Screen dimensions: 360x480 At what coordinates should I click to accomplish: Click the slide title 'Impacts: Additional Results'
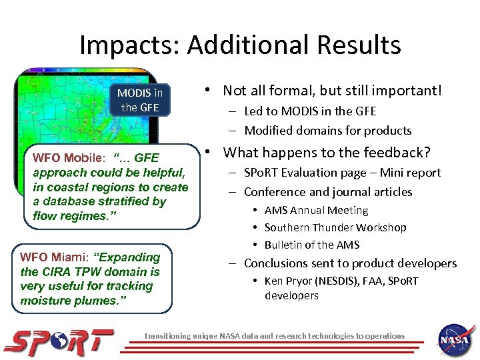[240, 45]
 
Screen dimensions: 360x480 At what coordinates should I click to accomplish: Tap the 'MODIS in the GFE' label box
[139, 99]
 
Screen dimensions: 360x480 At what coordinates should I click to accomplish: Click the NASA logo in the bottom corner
[455, 339]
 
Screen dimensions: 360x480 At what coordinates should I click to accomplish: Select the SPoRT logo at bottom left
[59, 340]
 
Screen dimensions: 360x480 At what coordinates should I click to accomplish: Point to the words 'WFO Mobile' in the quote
[68, 159]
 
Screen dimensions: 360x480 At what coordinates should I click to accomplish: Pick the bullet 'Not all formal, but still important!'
[332, 90]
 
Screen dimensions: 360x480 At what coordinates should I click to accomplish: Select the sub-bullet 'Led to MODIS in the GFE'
[310, 111]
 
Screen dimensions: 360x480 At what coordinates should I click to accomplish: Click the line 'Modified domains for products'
[327, 131]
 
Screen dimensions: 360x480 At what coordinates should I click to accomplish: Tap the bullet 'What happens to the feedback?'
[327, 152]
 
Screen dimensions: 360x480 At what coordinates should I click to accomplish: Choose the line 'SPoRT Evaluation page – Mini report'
[342, 173]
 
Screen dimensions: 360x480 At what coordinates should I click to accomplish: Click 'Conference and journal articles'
[328, 192]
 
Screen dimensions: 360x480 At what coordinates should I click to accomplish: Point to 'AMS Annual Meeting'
[316, 210]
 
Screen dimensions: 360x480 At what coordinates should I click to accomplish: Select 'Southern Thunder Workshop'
[335, 227]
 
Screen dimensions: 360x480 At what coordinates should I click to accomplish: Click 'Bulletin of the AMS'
[311, 245]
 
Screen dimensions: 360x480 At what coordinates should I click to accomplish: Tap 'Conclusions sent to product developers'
[350, 263]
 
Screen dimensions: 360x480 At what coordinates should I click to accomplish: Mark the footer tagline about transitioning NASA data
[275, 336]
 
